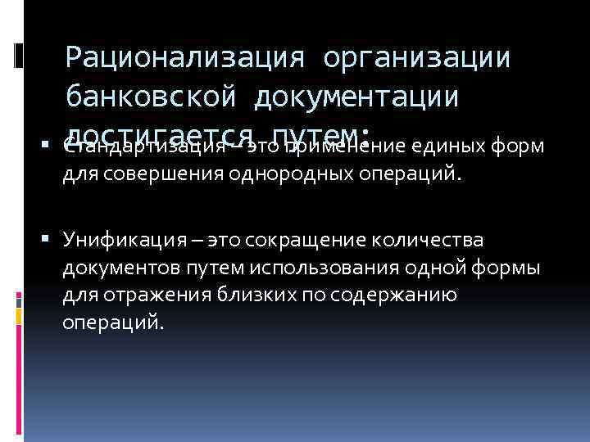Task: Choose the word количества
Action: pyautogui.click(x=433, y=241)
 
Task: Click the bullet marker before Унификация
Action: pyautogui.click(x=52, y=241)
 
